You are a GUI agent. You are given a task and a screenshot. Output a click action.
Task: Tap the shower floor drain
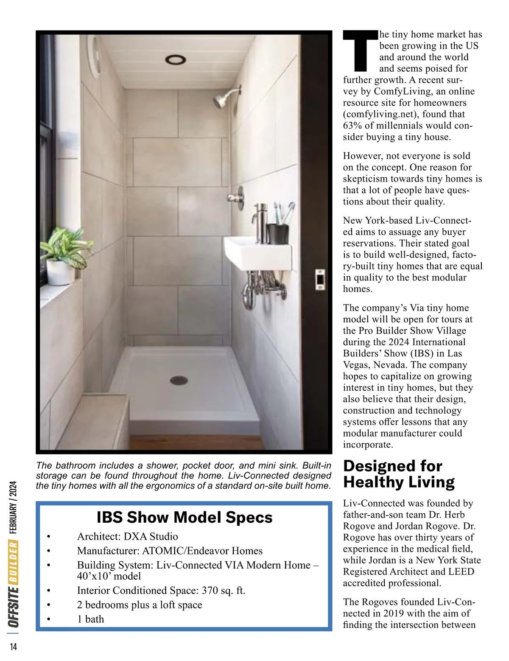pyautogui.click(x=179, y=380)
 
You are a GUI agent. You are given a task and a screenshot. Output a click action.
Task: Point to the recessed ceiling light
pyautogui.click(x=175, y=60)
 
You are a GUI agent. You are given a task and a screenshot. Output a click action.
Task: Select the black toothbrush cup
pyautogui.click(x=278, y=234)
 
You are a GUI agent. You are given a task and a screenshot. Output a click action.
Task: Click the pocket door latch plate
pyautogui.click(x=320, y=280)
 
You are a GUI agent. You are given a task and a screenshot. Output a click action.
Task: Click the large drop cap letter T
pyautogui.click(x=360, y=50)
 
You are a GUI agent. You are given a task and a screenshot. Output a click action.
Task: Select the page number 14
pyautogui.click(x=13, y=647)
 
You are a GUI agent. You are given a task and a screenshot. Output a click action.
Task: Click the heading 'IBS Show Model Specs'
pyautogui.click(x=185, y=517)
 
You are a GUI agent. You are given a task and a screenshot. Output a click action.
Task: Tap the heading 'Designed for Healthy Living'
pyautogui.click(x=399, y=474)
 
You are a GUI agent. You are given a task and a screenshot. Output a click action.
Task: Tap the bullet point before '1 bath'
pyautogui.click(x=49, y=619)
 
